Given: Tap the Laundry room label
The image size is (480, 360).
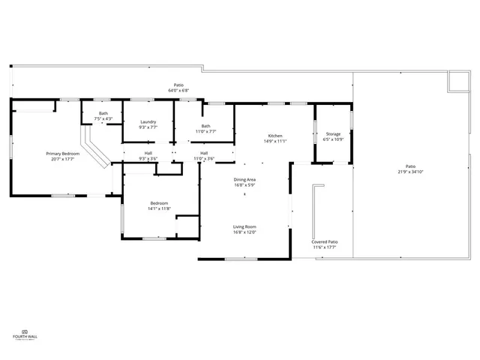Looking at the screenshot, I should point(148,121).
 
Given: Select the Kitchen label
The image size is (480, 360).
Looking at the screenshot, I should point(275,136).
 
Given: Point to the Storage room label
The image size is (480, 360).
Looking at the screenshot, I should point(332,134).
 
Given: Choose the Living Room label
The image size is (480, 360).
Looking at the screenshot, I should point(244,226).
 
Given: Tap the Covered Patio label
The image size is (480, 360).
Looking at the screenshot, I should point(325,241).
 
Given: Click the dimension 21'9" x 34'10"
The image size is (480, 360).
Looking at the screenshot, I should point(410,172).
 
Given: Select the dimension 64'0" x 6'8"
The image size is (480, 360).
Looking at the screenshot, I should point(178,91).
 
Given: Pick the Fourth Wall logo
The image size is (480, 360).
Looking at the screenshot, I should point(25,334).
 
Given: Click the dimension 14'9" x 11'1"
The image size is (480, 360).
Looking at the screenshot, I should point(275,141).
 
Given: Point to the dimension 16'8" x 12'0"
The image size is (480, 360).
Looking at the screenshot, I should point(244,232).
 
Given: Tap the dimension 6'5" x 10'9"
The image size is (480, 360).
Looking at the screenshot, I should point(332,139).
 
